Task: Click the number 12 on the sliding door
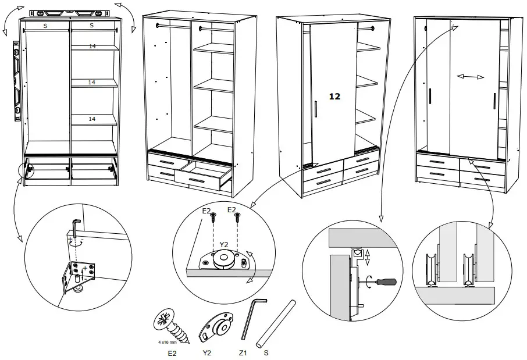pos(334,97)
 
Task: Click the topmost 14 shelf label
pos(92,47)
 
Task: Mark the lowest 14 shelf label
pos(92,119)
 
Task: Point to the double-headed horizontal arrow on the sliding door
pos(472,76)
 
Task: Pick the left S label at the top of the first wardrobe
pos(45,26)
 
